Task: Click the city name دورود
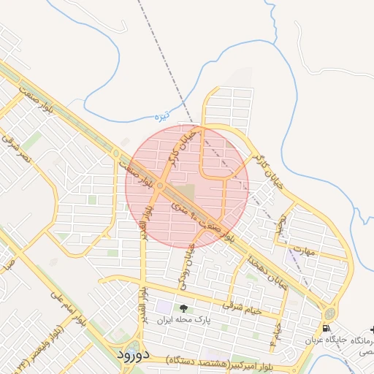click(x=132, y=354)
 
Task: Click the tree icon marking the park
click(x=183, y=308)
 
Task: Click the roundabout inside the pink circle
click(x=160, y=186)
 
